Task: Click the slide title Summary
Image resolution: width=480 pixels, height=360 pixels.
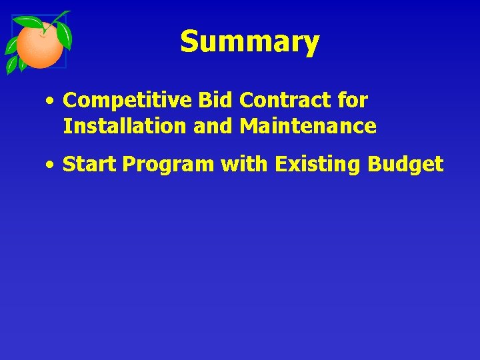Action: tap(249, 42)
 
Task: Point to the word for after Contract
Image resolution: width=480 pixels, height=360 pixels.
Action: tap(353, 101)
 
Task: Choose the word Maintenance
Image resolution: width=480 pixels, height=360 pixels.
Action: tap(308, 125)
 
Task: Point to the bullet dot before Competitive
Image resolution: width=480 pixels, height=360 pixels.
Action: tap(50, 102)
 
